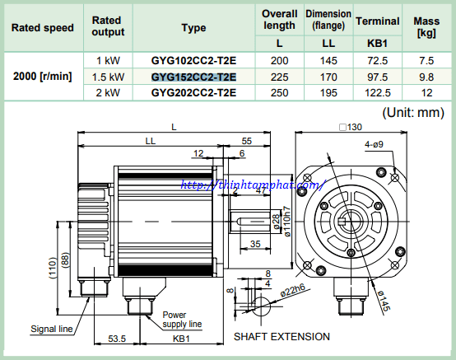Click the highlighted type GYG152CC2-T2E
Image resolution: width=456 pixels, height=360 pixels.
coord(193,77)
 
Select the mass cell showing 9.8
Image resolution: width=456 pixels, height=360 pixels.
coord(426,77)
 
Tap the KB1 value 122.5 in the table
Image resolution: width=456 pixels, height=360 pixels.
coord(378,93)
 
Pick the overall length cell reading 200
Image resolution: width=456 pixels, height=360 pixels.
coord(279,60)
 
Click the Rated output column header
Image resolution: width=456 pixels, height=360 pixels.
coord(108,26)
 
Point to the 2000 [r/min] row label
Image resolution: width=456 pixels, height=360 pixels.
coord(43,77)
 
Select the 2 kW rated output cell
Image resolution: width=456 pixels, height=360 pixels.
coord(108,93)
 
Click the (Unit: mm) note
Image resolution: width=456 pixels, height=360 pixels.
coord(413,112)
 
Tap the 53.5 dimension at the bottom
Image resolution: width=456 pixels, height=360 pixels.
coord(117,339)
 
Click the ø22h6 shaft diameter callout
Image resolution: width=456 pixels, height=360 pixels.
coord(292,290)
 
